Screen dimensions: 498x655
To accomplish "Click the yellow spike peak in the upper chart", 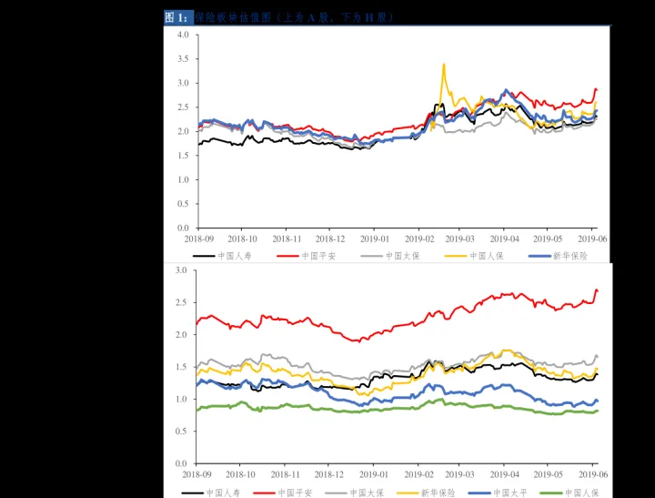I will (x=443, y=64).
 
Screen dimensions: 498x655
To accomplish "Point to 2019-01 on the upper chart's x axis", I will (x=374, y=239).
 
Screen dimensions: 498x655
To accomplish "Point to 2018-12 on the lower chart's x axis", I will (x=329, y=474).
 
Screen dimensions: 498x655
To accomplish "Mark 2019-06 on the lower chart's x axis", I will (x=592, y=474).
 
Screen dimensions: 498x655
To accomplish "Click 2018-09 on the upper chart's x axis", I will (x=198, y=239).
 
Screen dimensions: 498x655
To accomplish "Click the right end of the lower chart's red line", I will (x=597, y=290).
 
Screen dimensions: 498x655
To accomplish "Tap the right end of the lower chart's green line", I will (x=597, y=411).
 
